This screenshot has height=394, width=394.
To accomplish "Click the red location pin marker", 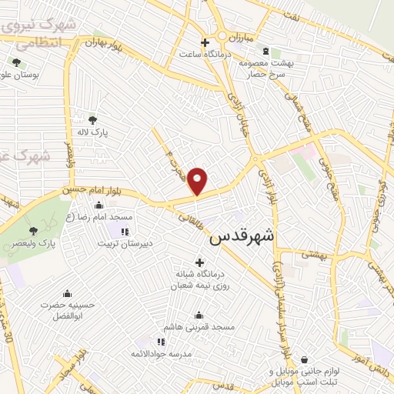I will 198,181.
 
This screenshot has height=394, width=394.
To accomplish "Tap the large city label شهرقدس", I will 242,237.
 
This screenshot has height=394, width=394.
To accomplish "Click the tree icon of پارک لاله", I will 93,119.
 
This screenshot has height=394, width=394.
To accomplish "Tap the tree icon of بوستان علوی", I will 16,62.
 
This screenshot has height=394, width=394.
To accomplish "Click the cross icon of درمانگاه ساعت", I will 204,42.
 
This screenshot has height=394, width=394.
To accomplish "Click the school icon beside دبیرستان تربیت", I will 125,231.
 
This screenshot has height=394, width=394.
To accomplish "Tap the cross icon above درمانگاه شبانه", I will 199,263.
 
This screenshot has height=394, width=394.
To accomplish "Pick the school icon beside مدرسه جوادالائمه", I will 160,342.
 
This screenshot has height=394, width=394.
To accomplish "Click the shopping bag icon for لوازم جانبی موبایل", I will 306,359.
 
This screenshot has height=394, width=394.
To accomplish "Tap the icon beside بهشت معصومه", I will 266,52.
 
